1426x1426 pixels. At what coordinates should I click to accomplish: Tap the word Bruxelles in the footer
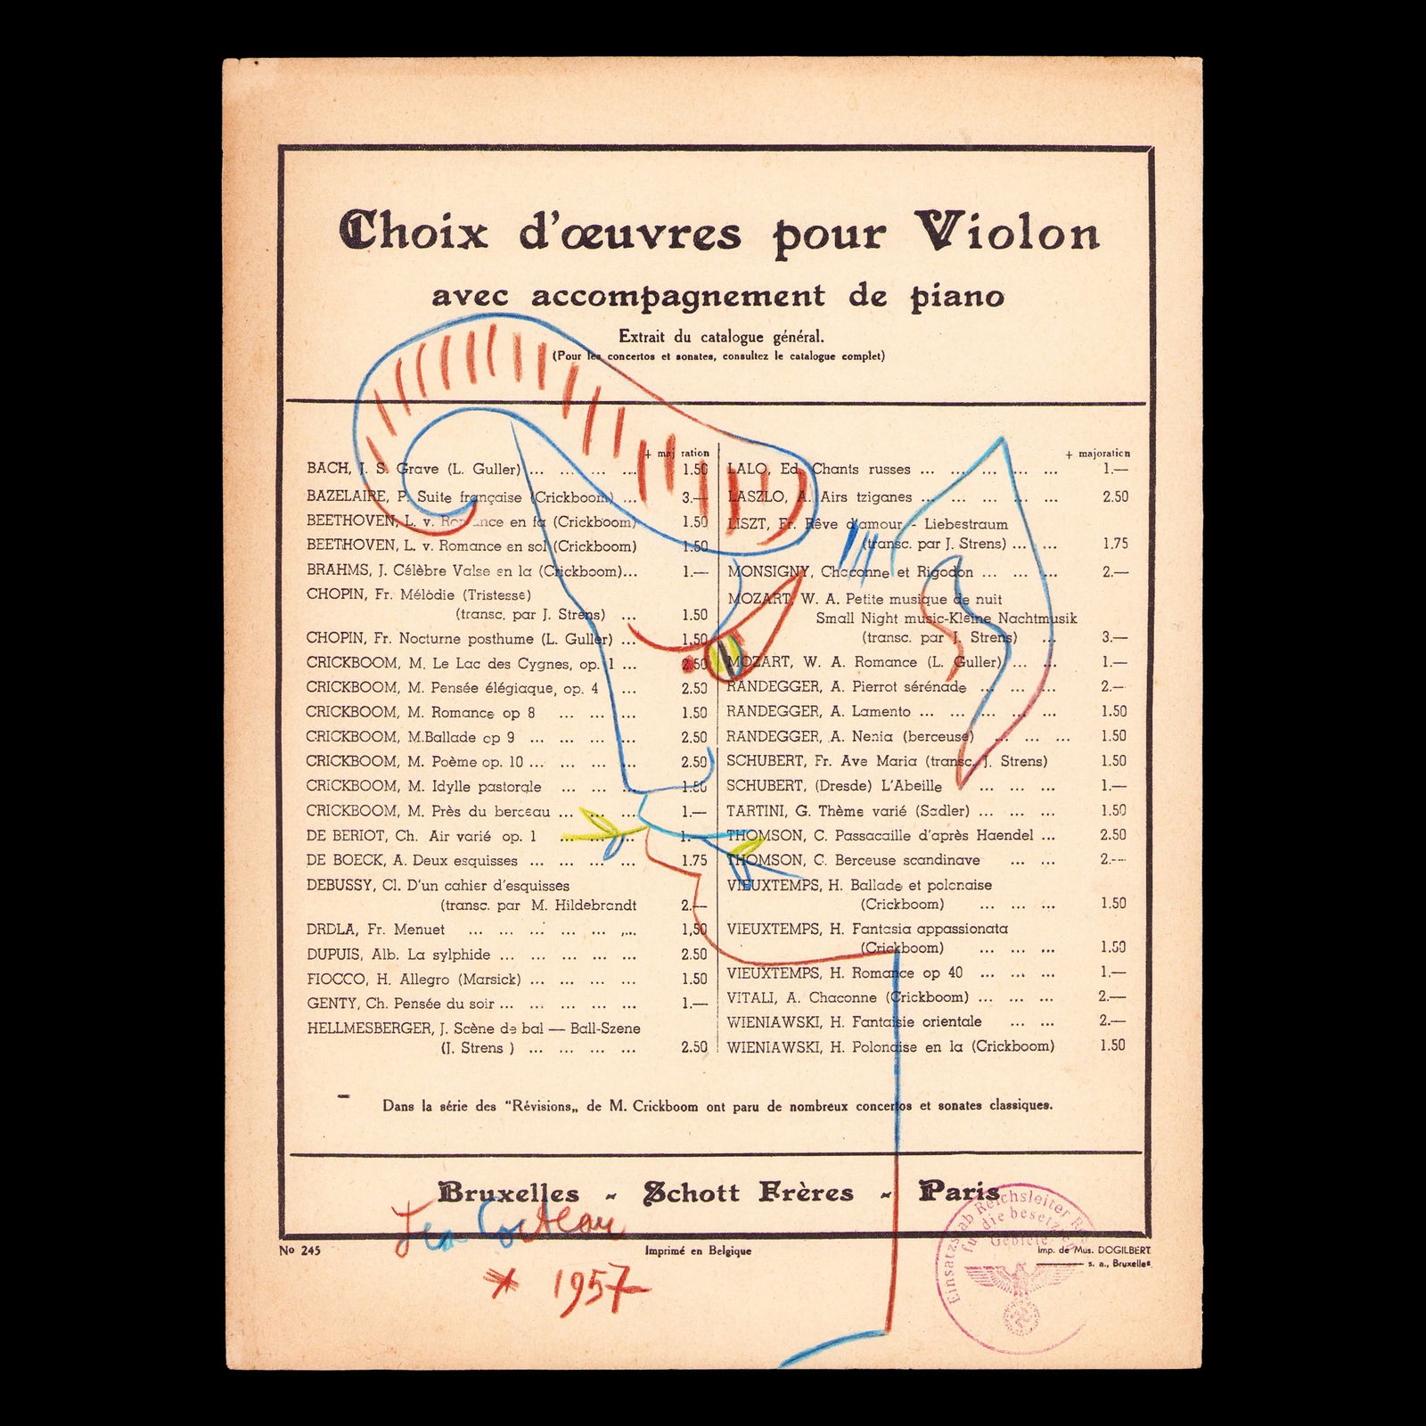[x=508, y=1193]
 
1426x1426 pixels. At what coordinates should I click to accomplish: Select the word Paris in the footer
[x=959, y=1192]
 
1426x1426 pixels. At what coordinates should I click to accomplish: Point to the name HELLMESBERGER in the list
[x=368, y=1028]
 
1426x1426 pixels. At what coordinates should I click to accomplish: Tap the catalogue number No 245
[x=299, y=1250]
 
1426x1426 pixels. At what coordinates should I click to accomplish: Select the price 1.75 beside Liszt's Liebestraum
[x=1114, y=543]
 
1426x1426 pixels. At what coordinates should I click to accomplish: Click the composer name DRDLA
[x=332, y=929]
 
